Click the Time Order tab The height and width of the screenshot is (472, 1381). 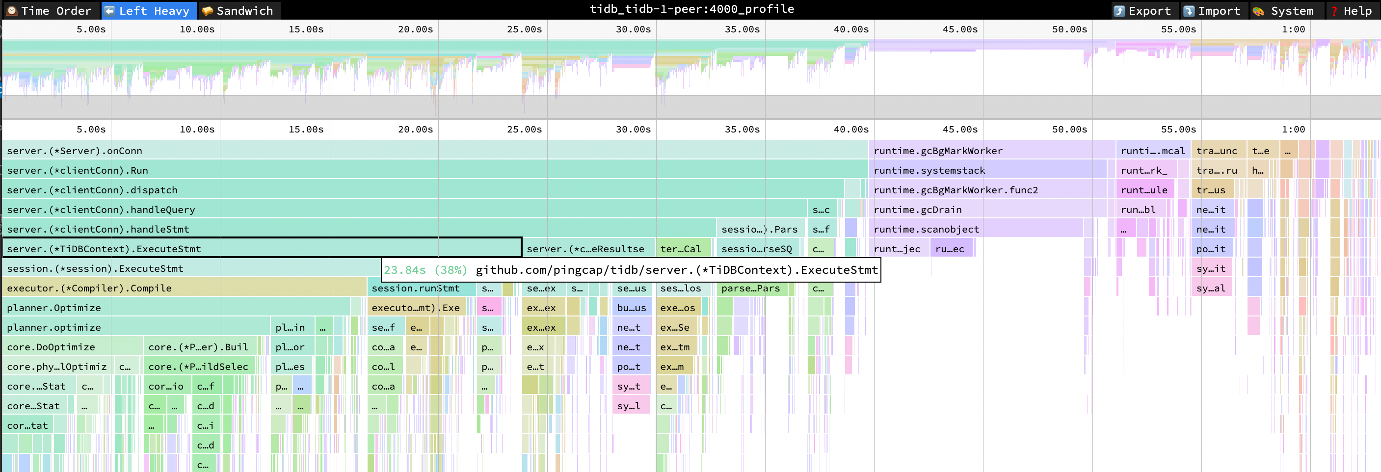coord(49,11)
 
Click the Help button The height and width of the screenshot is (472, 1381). coord(1351,11)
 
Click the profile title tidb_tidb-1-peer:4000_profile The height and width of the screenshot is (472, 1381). coord(691,9)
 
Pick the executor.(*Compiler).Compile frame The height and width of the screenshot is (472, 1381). coord(182,288)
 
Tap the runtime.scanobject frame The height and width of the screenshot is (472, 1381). coord(976,229)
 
